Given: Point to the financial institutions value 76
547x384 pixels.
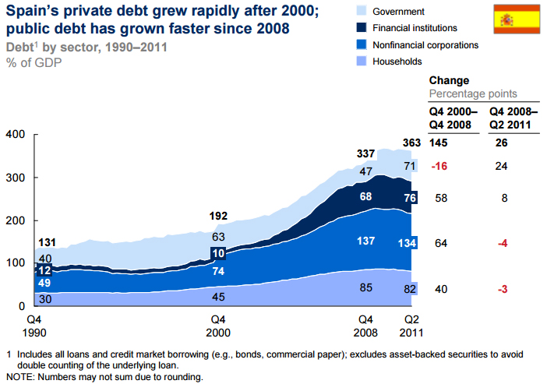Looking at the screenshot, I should pos(408,198).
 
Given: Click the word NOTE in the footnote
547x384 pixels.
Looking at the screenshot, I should pos(19,377).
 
